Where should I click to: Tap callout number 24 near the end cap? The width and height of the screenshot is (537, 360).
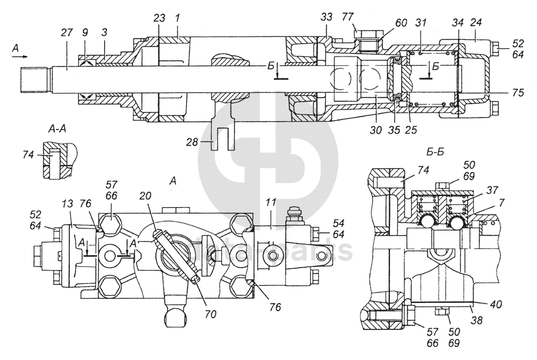point(475,23)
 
